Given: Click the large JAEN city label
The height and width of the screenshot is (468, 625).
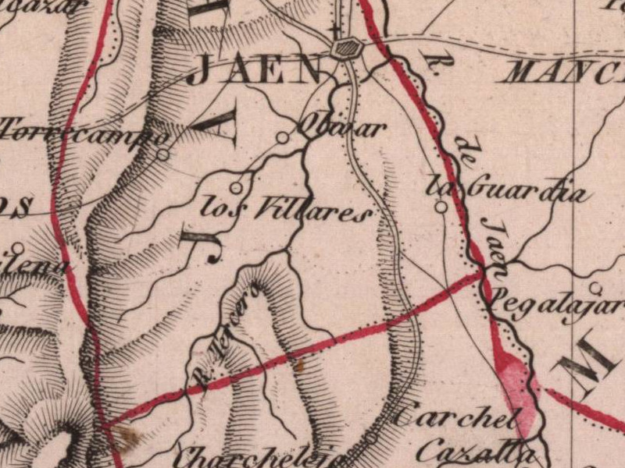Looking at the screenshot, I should [x=255, y=71].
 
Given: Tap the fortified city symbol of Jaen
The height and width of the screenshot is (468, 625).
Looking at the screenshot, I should [x=345, y=49].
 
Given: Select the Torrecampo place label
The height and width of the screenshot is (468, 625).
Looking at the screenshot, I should [x=79, y=132].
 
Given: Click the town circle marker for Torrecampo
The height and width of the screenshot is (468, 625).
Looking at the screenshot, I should [x=162, y=154].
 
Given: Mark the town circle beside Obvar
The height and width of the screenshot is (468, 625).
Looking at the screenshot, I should [x=282, y=138].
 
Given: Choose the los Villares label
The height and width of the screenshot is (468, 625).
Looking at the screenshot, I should [x=284, y=211].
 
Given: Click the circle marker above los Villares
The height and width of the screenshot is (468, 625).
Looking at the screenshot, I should [x=236, y=187].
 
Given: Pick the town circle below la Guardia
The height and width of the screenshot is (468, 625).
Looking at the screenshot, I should [x=441, y=207].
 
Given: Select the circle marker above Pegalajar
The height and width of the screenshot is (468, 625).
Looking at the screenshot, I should [x=595, y=286].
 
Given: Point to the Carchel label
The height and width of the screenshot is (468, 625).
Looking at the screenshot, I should [x=456, y=419].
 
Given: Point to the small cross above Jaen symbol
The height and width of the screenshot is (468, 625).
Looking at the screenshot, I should [x=336, y=31].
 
